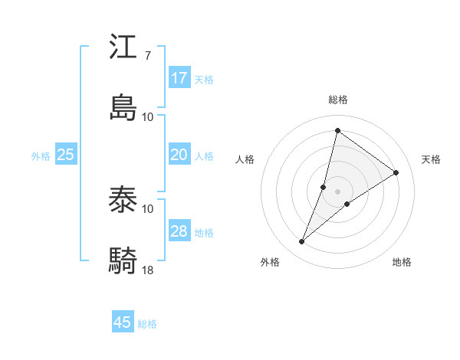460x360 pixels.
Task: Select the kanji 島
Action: click(x=123, y=107)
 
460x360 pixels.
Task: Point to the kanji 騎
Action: click(x=123, y=260)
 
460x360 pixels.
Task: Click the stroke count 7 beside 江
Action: click(x=147, y=56)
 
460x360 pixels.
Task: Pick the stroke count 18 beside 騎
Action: click(x=148, y=270)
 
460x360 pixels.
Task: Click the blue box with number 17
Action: click(x=179, y=78)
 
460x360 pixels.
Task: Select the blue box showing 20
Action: click(x=179, y=155)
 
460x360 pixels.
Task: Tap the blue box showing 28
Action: click(x=179, y=231)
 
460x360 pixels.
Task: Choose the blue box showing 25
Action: click(x=66, y=155)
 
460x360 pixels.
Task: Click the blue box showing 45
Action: click(x=123, y=322)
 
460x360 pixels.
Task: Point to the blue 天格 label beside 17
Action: click(x=204, y=80)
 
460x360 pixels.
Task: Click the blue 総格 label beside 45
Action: click(x=147, y=324)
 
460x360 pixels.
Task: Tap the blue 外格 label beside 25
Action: click(x=41, y=156)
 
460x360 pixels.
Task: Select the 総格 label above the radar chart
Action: click(x=338, y=100)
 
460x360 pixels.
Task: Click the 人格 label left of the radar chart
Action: click(x=245, y=159)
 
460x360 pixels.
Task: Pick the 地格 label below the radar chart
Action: click(x=402, y=262)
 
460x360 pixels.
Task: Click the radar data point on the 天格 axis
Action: click(x=396, y=173)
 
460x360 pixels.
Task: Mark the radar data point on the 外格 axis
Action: click(x=302, y=242)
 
